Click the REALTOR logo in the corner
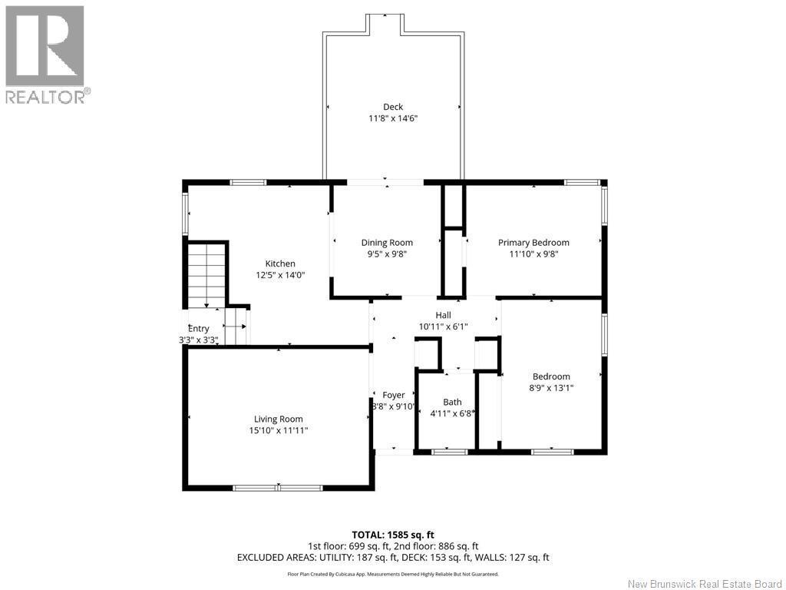[x=45, y=54]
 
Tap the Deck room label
[x=393, y=107]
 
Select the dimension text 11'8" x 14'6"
[x=393, y=118]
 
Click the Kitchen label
[x=280, y=264]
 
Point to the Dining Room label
[x=387, y=243]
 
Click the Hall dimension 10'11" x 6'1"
[x=443, y=326]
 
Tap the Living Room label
[x=278, y=419]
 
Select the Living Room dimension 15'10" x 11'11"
[x=278, y=431]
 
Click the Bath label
[x=452, y=402]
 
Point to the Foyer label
[x=393, y=395]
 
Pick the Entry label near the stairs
[x=198, y=329]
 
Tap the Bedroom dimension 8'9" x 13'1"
[x=551, y=388]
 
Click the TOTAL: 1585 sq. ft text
[x=393, y=535]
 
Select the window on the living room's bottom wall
[x=278, y=488]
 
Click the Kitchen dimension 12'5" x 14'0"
[x=280, y=275]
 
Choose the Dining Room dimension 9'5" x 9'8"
[x=387, y=254]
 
